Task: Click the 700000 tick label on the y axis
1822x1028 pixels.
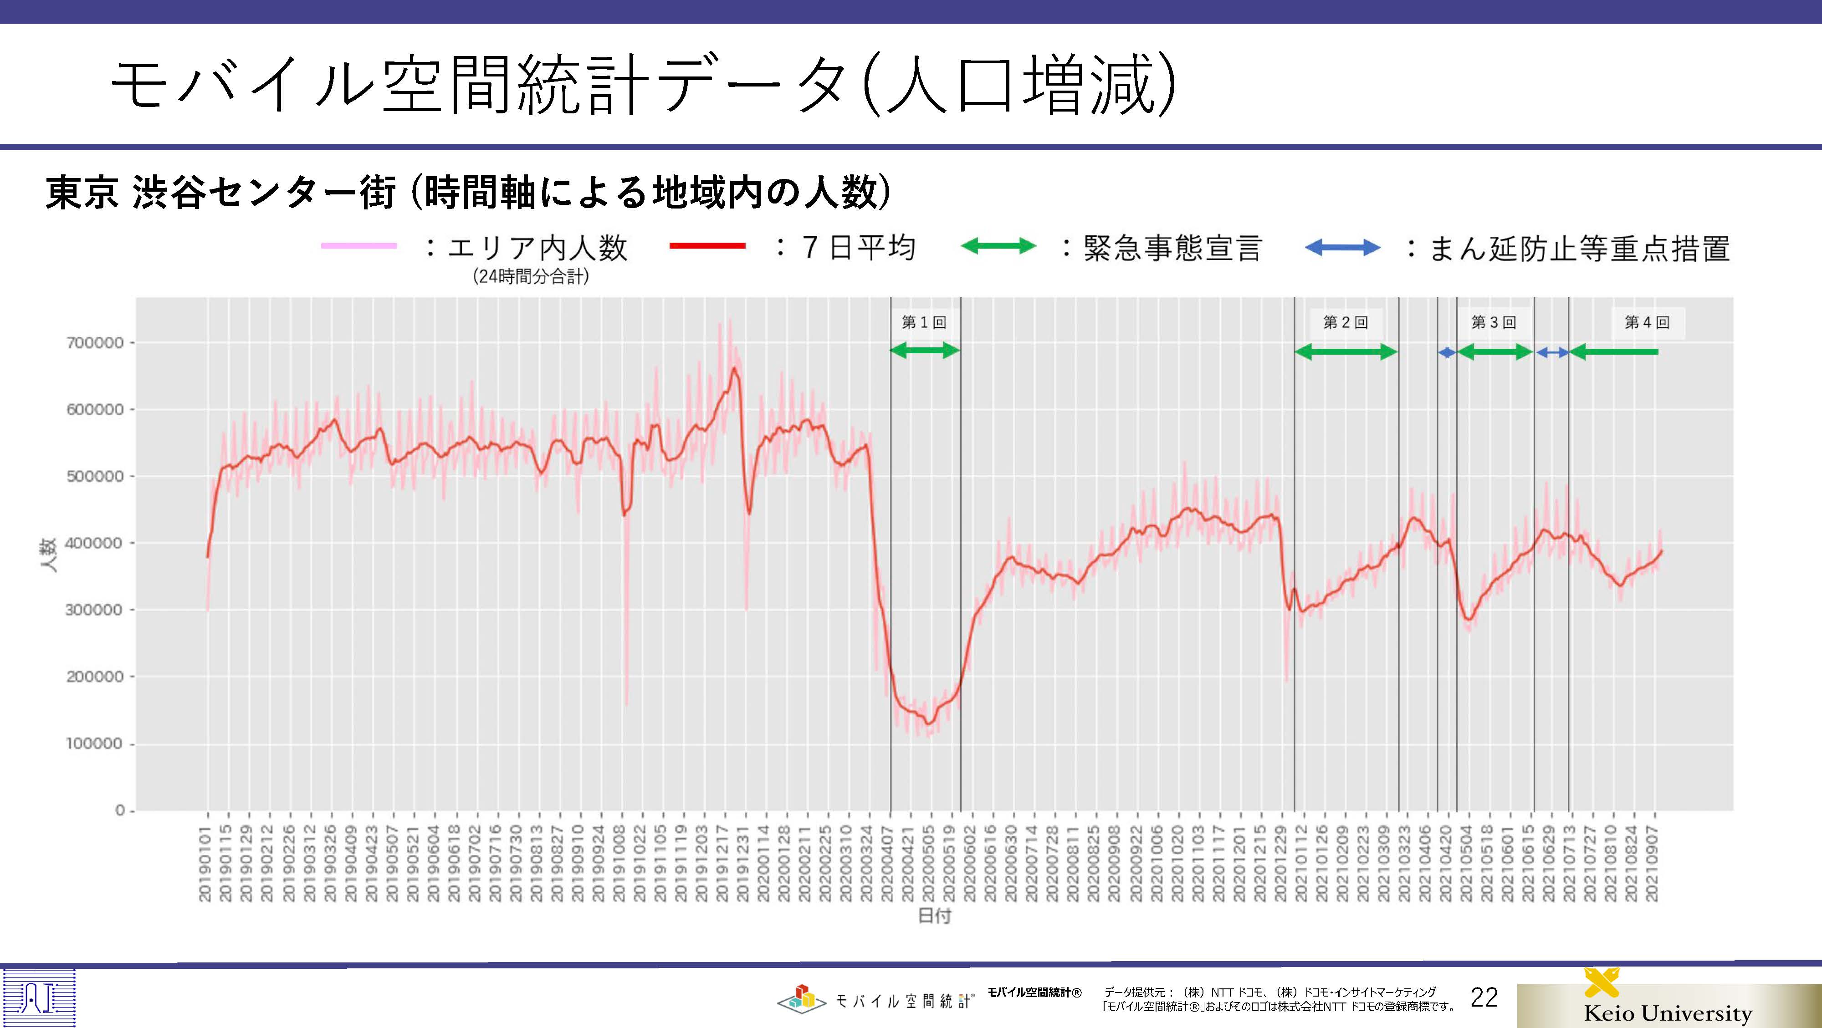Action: pyautogui.click(x=95, y=343)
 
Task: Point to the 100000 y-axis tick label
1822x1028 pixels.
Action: pyautogui.click(x=95, y=744)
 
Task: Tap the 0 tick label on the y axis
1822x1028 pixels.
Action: pyautogui.click(x=120, y=810)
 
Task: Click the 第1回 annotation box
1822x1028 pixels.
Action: pyautogui.click(x=924, y=322)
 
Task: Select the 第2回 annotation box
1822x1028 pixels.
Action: pyautogui.click(x=1345, y=322)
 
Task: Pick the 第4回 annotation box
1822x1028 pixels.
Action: pyautogui.click(x=1647, y=322)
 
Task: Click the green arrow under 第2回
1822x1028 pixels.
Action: pyautogui.click(x=1346, y=352)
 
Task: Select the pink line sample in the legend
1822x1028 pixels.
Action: pyautogui.click(x=359, y=246)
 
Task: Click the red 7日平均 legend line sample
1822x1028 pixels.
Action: pyautogui.click(x=707, y=246)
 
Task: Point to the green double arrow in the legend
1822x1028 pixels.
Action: pyautogui.click(x=998, y=247)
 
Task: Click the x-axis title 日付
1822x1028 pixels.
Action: pyautogui.click(x=934, y=916)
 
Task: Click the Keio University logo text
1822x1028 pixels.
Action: pyautogui.click(x=1668, y=1013)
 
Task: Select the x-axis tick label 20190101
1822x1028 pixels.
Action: pyautogui.click(x=205, y=864)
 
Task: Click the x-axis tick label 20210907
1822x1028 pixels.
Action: pyautogui.click(x=1652, y=864)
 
